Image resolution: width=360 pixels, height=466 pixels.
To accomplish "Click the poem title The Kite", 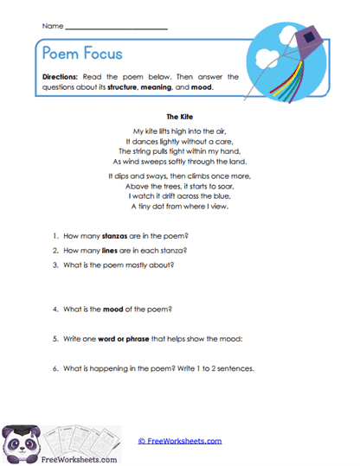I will click(x=180, y=113).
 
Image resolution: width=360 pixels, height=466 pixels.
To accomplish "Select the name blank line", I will click(x=116, y=29).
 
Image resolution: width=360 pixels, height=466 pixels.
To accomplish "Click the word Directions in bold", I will click(x=61, y=76).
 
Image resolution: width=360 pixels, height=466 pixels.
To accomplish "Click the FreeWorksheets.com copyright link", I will click(x=180, y=441).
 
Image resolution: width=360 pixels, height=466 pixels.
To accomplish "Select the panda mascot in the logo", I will click(x=22, y=441).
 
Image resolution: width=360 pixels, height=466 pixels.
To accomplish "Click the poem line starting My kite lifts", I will click(x=180, y=130).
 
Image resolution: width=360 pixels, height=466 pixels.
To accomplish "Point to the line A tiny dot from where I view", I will click(x=180, y=207).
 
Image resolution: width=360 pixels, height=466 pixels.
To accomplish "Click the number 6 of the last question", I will click(x=54, y=368).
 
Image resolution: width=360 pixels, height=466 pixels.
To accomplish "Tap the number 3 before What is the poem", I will click(x=54, y=265).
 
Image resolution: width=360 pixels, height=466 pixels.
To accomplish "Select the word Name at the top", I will click(x=52, y=27).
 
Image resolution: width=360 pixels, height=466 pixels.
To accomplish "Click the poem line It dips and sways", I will click(x=180, y=176).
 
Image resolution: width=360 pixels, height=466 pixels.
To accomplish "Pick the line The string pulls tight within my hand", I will click(x=180, y=150).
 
